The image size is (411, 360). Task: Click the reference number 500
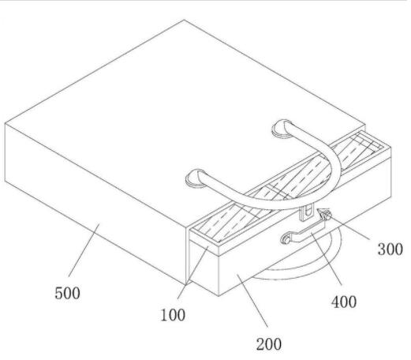tap(67, 293)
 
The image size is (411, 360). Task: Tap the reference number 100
tap(173, 315)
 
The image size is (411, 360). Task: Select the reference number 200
tap(269, 344)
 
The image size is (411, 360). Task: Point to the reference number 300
tap(390, 249)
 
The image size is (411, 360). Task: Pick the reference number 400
tap(344, 302)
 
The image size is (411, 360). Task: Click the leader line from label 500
tap(84, 249)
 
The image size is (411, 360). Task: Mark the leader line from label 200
tap(252, 301)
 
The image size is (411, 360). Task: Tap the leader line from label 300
tap(349, 228)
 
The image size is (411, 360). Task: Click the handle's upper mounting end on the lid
tap(282, 129)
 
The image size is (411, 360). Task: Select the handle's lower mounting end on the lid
tap(196, 178)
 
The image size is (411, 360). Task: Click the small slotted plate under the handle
tap(307, 212)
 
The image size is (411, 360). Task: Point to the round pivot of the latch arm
tap(286, 238)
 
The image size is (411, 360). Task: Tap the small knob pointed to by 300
tap(325, 215)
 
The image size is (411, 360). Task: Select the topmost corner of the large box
tap(184, 20)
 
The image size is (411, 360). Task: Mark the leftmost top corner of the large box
tap(5, 123)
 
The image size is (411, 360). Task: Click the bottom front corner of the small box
tap(219, 296)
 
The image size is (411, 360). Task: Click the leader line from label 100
tap(192, 272)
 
